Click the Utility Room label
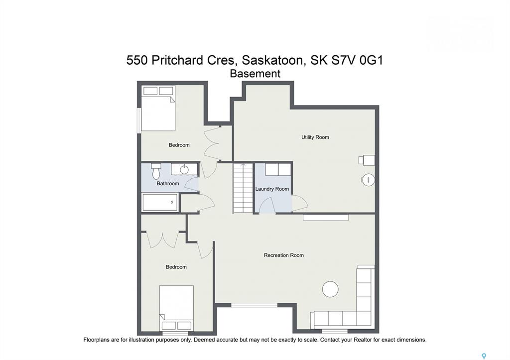coord(315,137)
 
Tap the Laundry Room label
coord(272,189)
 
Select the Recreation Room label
coord(283,255)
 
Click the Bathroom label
coord(168,183)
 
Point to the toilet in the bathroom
coord(156,171)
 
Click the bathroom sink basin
coord(184,169)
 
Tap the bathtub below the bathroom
coord(160,202)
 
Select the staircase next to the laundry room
coord(243,188)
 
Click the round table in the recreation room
coord(330,289)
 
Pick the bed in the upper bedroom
coord(158,108)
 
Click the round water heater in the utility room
coord(368,180)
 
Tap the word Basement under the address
coord(255,74)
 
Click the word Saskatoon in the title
coord(273,61)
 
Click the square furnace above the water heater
coord(367,160)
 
